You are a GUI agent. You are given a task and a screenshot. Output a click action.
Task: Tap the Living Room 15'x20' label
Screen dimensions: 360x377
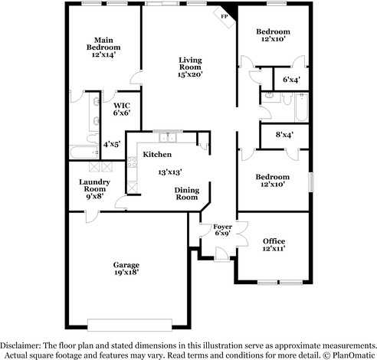click(190, 68)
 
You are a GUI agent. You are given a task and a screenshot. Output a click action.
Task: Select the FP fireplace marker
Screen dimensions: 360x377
click(225, 16)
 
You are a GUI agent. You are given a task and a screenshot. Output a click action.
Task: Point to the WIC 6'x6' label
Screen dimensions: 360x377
click(121, 109)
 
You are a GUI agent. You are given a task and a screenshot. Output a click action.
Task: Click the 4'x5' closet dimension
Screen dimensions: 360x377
click(111, 143)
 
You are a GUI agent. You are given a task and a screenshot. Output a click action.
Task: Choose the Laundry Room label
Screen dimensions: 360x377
click(94, 188)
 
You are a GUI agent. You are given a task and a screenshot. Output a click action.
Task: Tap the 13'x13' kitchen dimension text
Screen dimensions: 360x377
click(169, 173)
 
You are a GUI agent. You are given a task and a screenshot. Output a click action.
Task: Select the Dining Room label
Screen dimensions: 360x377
click(187, 193)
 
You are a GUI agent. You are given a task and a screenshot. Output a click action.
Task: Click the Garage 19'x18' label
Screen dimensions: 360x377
click(126, 269)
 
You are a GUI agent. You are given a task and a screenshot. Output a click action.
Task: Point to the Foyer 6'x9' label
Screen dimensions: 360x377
click(221, 229)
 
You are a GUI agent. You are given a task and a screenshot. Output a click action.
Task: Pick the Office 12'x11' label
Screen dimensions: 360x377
click(273, 245)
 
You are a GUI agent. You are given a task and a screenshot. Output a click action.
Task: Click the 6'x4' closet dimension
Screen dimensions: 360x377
click(292, 79)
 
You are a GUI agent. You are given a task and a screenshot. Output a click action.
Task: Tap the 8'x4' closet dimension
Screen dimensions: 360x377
click(284, 135)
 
